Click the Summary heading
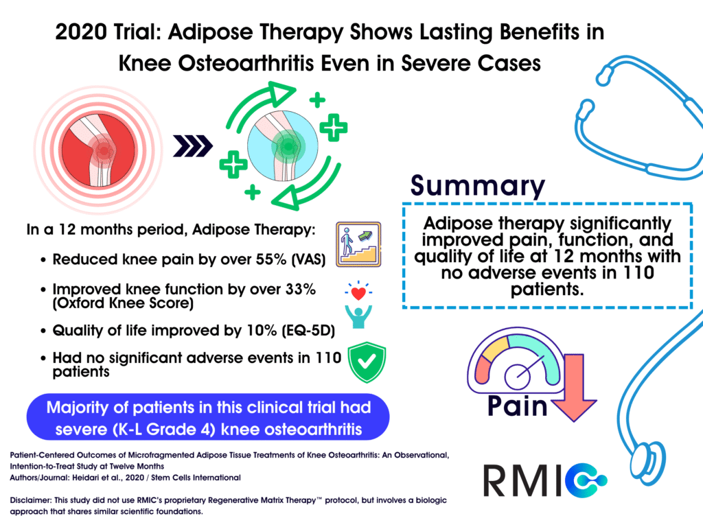pyautogui.click(x=478, y=185)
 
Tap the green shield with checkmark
pyautogui.click(x=368, y=362)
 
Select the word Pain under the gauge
pyautogui.click(x=518, y=406)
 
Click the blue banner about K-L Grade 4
pyautogui.click(x=208, y=419)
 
